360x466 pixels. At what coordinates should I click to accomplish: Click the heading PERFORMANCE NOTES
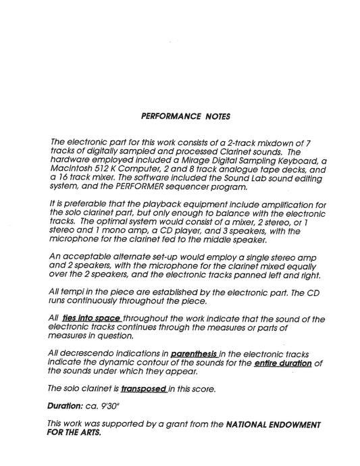tap(185, 116)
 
